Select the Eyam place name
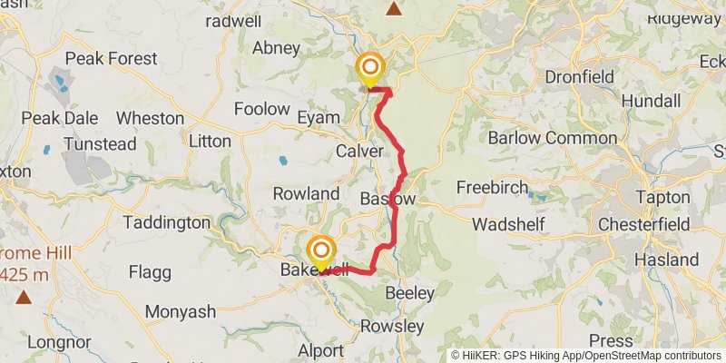coord(319,117)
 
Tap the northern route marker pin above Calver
coord(370,69)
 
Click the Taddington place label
coord(167,222)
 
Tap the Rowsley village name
coord(392,326)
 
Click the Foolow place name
coord(261,109)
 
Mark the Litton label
coord(210,141)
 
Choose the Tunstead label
coord(100,143)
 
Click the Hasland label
coord(667,260)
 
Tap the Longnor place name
coord(56,342)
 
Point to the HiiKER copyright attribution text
coord(586,356)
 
